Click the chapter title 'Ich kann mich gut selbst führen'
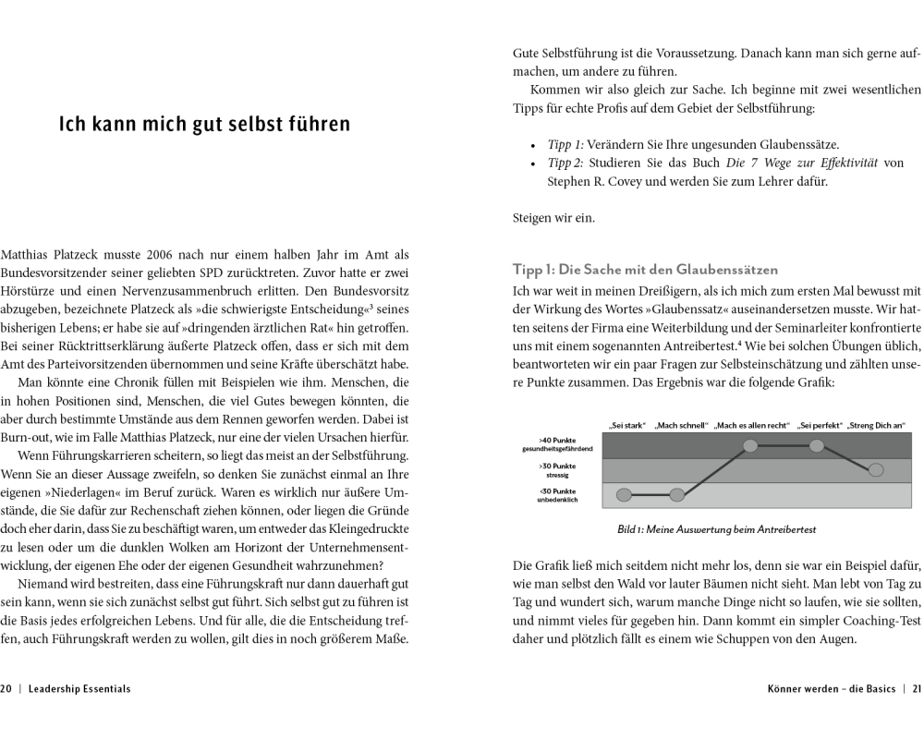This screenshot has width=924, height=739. tap(204, 124)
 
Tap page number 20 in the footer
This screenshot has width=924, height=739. tap(6, 688)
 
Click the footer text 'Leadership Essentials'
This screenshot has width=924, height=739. tap(80, 688)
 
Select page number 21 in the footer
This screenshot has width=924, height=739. tap(918, 688)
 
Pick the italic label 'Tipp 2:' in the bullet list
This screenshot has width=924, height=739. tap(566, 163)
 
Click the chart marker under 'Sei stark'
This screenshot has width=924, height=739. tap(624, 495)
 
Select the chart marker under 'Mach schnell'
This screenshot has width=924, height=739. tap(677, 495)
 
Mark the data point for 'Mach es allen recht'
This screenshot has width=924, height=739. tap(750, 446)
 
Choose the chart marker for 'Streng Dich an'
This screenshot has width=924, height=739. tap(876, 470)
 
